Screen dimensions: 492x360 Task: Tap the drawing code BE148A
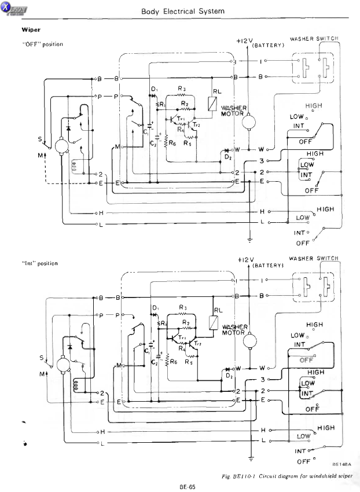pyautogui.click(x=340, y=464)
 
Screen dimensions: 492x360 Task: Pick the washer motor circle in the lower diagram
pyautogui.click(x=249, y=342)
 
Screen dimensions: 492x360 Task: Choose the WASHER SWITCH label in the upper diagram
pyautogui.click(x=313, y=38)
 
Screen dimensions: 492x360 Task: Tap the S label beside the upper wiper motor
pyautogui.click(x=40, y=139)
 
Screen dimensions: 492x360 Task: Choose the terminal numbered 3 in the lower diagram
pyautogui.click(x=262, y=380)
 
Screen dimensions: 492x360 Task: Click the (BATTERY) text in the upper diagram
pyautogui.click(x=267, y=45)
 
